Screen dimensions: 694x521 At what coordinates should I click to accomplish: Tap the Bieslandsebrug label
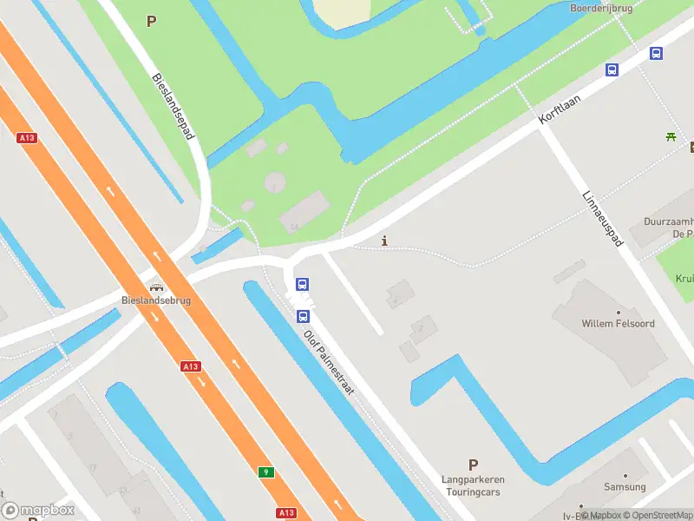[156, 300]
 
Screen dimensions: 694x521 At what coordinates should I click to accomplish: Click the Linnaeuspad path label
[603, 217]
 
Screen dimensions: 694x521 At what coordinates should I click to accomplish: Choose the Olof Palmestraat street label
[329, 362]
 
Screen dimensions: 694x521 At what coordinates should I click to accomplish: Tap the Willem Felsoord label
[618, 324]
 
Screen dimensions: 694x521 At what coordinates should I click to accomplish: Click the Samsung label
[625, 487]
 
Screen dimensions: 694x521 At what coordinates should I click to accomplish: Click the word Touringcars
[472, 491]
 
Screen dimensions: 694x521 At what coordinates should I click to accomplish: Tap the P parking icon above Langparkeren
[473, 465]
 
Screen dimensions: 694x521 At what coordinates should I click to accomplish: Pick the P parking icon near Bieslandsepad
[152, 22]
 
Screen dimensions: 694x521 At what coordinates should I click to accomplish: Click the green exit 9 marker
[266, 472]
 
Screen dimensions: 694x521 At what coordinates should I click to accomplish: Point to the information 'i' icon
[384, 241]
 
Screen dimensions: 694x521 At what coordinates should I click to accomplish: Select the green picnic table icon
[671, 136]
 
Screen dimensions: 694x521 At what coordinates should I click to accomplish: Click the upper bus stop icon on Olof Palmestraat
[302, 284]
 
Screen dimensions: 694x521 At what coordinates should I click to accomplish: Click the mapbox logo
[37, 511]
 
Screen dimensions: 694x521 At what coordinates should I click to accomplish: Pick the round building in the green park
[274, 182]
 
